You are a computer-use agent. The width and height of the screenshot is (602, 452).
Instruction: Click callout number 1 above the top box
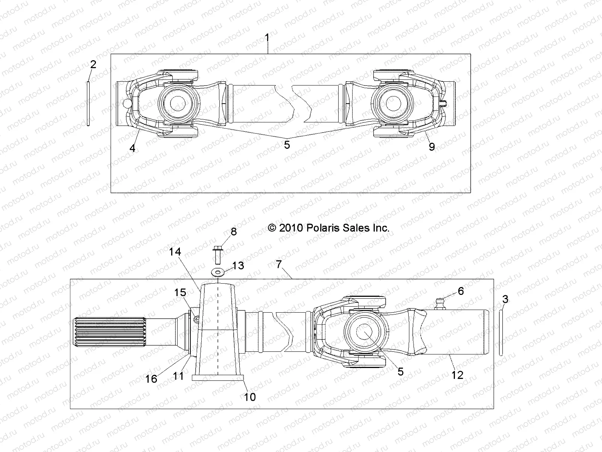[x=267, y=38]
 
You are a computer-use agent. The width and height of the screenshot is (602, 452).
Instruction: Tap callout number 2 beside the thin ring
[x=93, y=64]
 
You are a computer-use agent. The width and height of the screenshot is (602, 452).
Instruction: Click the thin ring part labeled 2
[x=88, y=104]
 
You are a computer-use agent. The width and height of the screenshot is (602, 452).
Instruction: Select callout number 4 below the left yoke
[x=132, y=148]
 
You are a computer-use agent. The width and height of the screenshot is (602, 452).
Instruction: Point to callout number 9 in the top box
[x=432, y=147]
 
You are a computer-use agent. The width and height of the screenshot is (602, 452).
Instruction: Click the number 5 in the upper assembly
[x=287, y=145]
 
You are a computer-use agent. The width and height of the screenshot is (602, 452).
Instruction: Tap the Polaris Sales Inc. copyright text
[x=328, y=228]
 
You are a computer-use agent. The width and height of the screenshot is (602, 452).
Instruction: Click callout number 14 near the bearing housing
[x=175, y=252]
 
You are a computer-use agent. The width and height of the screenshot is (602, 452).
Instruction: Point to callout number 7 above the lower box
[x=278, y=264]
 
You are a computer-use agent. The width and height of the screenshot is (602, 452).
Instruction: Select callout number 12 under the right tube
[x=458, y=375]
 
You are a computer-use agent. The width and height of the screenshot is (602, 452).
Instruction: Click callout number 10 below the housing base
[x=250, y=397]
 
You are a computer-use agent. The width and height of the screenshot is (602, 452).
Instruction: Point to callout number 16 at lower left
[x=151, y=379]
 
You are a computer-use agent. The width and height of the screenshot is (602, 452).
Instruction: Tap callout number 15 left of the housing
[x=180, y=292]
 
